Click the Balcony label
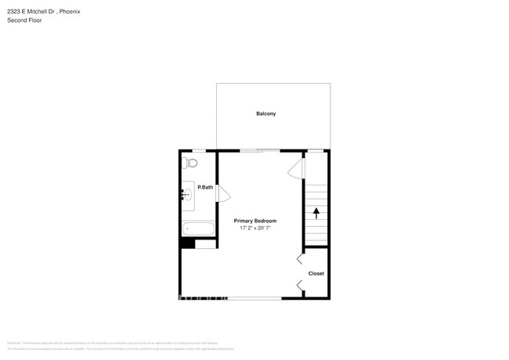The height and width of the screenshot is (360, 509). click(x=265, y=113)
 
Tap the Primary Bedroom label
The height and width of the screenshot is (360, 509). click(x=254, y=221)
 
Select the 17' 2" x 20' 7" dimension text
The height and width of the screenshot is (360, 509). click(x=254, y=229)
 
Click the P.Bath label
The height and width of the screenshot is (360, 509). click(x=205, y=187)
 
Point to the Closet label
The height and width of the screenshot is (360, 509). click(x=316, y=273)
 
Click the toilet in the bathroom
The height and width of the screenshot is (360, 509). click(x=190, y=163)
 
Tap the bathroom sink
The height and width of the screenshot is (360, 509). click(x=187, y=195)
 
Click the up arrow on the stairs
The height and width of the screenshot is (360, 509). click(x=316, y=211)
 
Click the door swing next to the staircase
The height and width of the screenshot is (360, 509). click(x=295, y=168)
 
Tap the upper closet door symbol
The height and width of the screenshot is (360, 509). click(x=300, y=259)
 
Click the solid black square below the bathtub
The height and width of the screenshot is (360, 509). click(x=187, y=243)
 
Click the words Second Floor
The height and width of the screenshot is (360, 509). click(x=24, y=20)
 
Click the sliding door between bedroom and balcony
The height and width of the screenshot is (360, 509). click(x=259, y=149)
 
